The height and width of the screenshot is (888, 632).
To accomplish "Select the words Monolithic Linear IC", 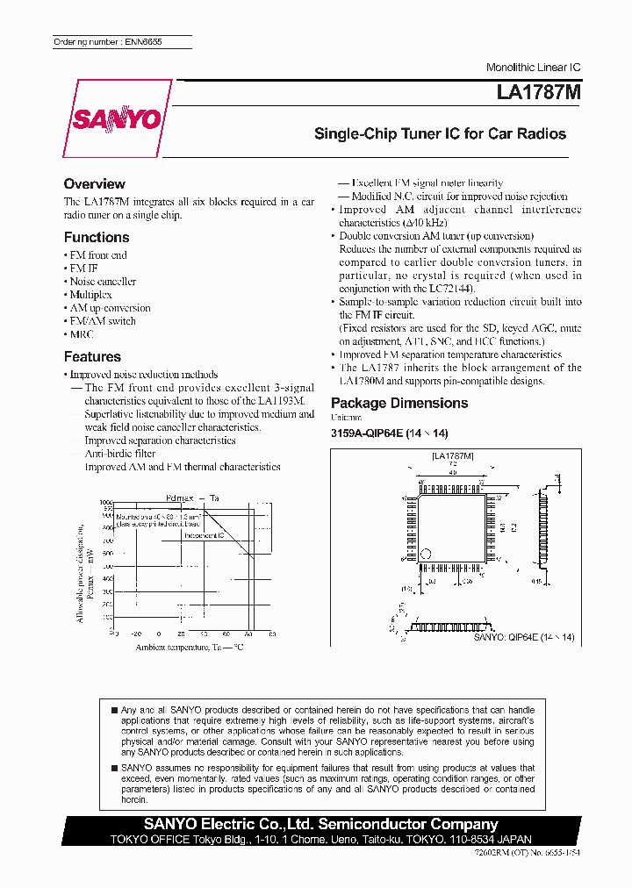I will point(533,68).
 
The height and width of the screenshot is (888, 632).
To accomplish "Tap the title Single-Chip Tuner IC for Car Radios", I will point(440,134).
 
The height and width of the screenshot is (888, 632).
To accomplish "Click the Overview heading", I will point(94,184).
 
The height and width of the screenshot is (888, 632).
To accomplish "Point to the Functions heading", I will point(97,238).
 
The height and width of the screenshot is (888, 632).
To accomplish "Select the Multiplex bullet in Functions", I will point(90,295).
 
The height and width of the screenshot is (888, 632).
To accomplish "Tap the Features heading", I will point(92,357).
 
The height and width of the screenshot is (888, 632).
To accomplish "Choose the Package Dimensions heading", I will point(399,404).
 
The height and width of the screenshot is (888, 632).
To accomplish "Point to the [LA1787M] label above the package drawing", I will point(453,456).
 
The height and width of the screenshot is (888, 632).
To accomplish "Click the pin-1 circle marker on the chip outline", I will point(427,554).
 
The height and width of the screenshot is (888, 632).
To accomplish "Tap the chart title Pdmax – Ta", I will point(192,498).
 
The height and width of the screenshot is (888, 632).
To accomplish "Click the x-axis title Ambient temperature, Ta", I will point(189,648).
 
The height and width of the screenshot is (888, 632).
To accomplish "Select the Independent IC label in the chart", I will point(204,535).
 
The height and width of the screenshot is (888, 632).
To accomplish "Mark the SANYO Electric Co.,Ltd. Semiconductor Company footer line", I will point(321,824).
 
